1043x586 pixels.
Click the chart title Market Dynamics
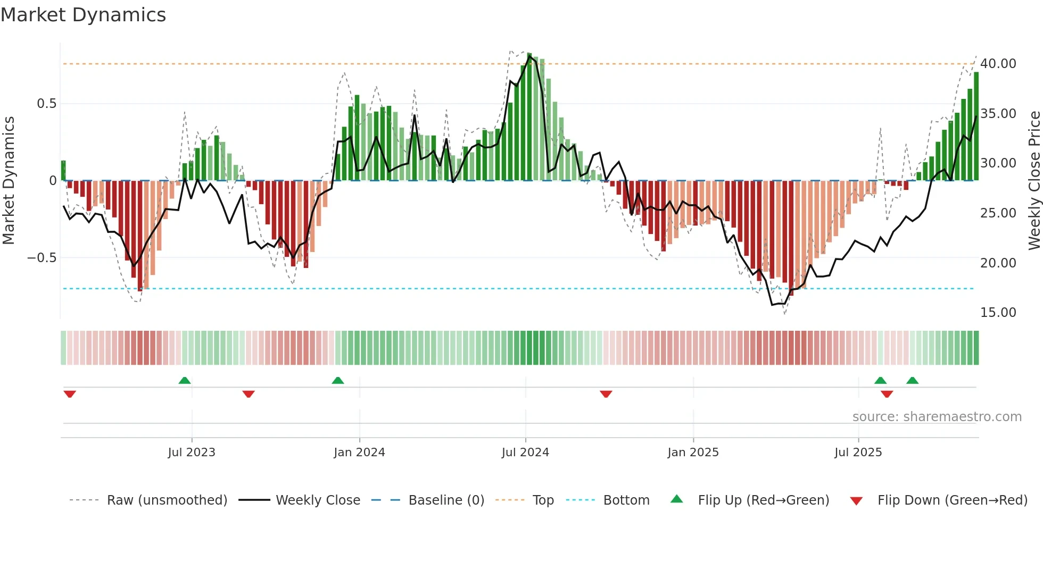click(x=83, y=15)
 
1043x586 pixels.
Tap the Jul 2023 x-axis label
click(x=192, y=452)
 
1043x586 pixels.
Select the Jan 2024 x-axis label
click(x=359, y=452)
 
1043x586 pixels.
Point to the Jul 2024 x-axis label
click(x=525, y=452)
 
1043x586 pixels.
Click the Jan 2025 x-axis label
click(x=693, y=452)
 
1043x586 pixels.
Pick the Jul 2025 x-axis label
click(x=858, y=452)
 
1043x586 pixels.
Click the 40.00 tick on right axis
click(x=998, y=64)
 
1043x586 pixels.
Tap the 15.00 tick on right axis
click(x=998, y=313)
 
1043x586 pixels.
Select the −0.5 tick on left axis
click(x=42, y=258)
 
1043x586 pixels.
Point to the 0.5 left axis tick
click(x=46, y=104)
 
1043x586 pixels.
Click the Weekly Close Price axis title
click(x=1034, y=181)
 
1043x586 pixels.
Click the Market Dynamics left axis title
click(x=9, y=181)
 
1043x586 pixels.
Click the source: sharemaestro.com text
click(x=937, y=417)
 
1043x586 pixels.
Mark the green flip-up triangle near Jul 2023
click(x=185, y=380)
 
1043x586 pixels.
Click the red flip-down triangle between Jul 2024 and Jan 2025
click(x=606, y=394)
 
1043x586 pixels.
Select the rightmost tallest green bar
click(x=976, y=127)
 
